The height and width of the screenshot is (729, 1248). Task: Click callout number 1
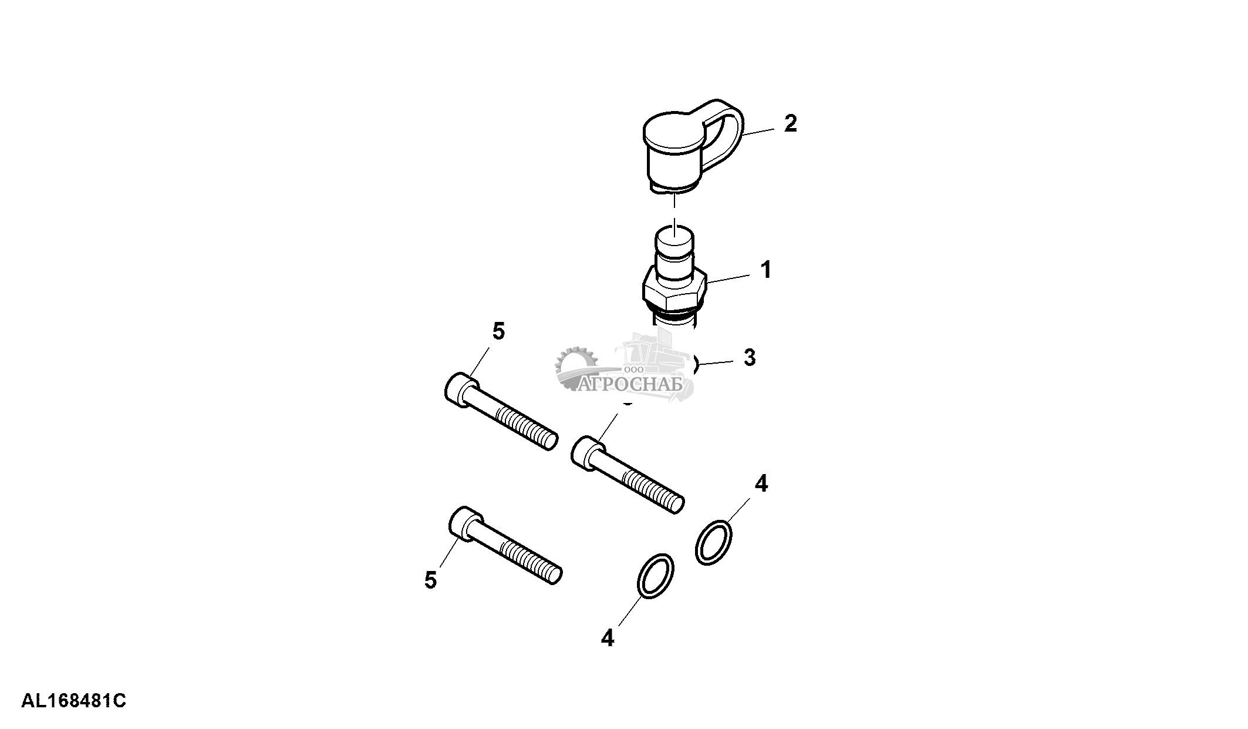765,270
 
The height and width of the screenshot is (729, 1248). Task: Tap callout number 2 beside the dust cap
791,123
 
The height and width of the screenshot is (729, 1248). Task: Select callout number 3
750,357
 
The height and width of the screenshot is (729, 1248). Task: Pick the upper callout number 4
761,483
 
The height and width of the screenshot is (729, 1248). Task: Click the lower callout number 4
608,637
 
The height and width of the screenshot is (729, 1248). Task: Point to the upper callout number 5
498,331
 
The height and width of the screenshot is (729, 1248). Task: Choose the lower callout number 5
431,580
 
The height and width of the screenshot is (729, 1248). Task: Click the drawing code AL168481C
74,701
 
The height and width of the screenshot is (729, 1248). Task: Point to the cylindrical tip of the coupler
674,247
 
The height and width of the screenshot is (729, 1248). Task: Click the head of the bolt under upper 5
461,389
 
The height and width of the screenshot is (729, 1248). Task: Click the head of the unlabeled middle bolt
586,452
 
